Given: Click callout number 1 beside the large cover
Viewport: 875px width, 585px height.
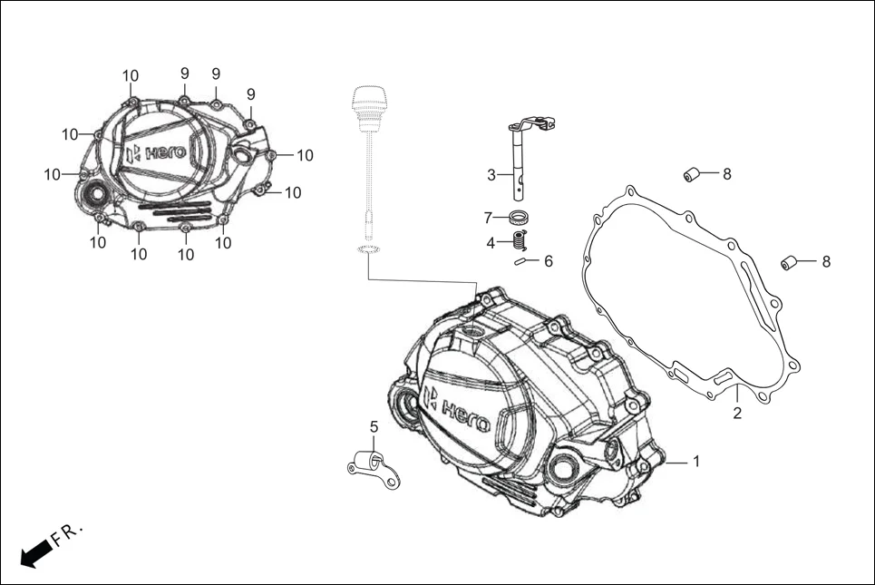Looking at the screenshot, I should pos(696,462).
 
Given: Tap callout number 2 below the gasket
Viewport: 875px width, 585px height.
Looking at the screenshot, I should pos(737,414).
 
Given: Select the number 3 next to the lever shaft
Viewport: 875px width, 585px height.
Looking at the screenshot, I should pos(491,175).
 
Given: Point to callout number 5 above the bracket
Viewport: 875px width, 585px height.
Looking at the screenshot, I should pos(373,426).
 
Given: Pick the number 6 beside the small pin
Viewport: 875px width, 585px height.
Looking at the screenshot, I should pos(548,261).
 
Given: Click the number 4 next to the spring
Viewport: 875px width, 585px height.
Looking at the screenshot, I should pos(491,243).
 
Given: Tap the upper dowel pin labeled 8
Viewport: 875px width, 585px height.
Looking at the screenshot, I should pos(694,173).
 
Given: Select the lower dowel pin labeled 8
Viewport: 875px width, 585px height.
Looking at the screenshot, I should pos(790,263).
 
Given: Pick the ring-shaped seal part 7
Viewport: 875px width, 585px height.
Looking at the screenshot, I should pos(520,218).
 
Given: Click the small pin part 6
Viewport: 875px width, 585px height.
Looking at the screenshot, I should pos(522,262).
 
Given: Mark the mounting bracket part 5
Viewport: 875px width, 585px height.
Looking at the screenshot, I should pos(374,462).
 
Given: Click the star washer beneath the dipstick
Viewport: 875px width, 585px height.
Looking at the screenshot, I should pos(367,250).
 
